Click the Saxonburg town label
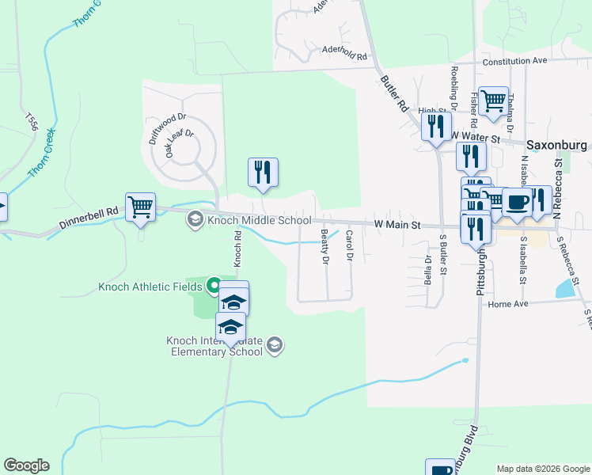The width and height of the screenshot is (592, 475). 558,146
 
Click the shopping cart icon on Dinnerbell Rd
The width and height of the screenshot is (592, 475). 141,207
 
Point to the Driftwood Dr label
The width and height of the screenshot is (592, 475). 167,129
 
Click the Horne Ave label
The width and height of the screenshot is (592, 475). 508,303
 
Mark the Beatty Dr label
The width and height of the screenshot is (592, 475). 324,246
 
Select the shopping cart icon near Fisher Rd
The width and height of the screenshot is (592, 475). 494,101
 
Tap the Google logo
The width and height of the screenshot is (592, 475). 26,465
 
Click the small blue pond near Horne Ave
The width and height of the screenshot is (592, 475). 566,290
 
